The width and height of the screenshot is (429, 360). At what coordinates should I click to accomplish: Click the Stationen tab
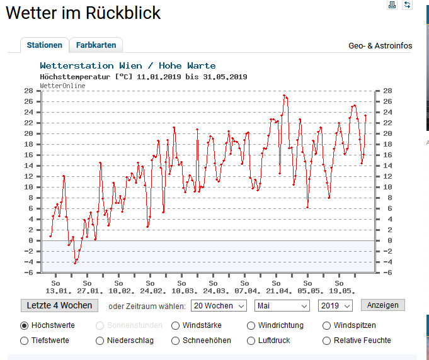pyautogui.click(x=44, y=45)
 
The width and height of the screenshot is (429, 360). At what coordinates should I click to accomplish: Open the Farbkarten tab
pyautogui.click(x=96, y=45)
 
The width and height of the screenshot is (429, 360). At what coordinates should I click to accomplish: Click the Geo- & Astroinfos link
pyautogui.click(x=380, y=46)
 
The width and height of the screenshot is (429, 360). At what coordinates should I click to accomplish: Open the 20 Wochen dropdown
pyautogui.click(x=219, y=305)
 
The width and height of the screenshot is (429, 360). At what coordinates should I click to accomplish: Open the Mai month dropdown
pyautogui.click(x=282, y=305)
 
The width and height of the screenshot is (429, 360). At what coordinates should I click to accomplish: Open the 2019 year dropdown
pyautogui.click(x=336, y=305)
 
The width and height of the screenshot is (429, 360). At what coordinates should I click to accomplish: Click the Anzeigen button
pyautogui.click(x=382, y=305)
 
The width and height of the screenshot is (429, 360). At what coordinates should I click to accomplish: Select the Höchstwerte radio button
pyautogui.click(x=25, y=326)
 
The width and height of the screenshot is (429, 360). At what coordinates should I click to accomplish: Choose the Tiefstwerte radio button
pyautogui.click(x=25, y=341)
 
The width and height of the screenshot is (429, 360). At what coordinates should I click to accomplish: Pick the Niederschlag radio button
pyautogui.click(x=100, y=341)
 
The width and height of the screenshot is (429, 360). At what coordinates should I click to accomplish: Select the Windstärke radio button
pyautogui.click(x=176, y=326)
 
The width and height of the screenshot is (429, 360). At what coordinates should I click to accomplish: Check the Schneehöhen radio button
pyautogui.click(x=176, y=341)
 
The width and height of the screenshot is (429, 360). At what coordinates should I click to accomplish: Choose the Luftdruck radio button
pyautogui.click(x=251, y=341)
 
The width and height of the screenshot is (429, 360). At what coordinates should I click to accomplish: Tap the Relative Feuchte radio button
pyautogui.click(x=327, y=341)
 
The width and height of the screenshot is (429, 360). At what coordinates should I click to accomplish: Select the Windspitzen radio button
pyautogui.click(x=327, y=326)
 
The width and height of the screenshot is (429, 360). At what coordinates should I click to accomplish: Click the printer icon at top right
pyautogui.click(x=392, y=5)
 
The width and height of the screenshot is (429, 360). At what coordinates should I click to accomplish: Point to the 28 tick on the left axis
pyautogui.click(x=28, y=91)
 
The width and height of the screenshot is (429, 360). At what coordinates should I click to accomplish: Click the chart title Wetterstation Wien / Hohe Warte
pyautogui.click(x=127, y=65)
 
